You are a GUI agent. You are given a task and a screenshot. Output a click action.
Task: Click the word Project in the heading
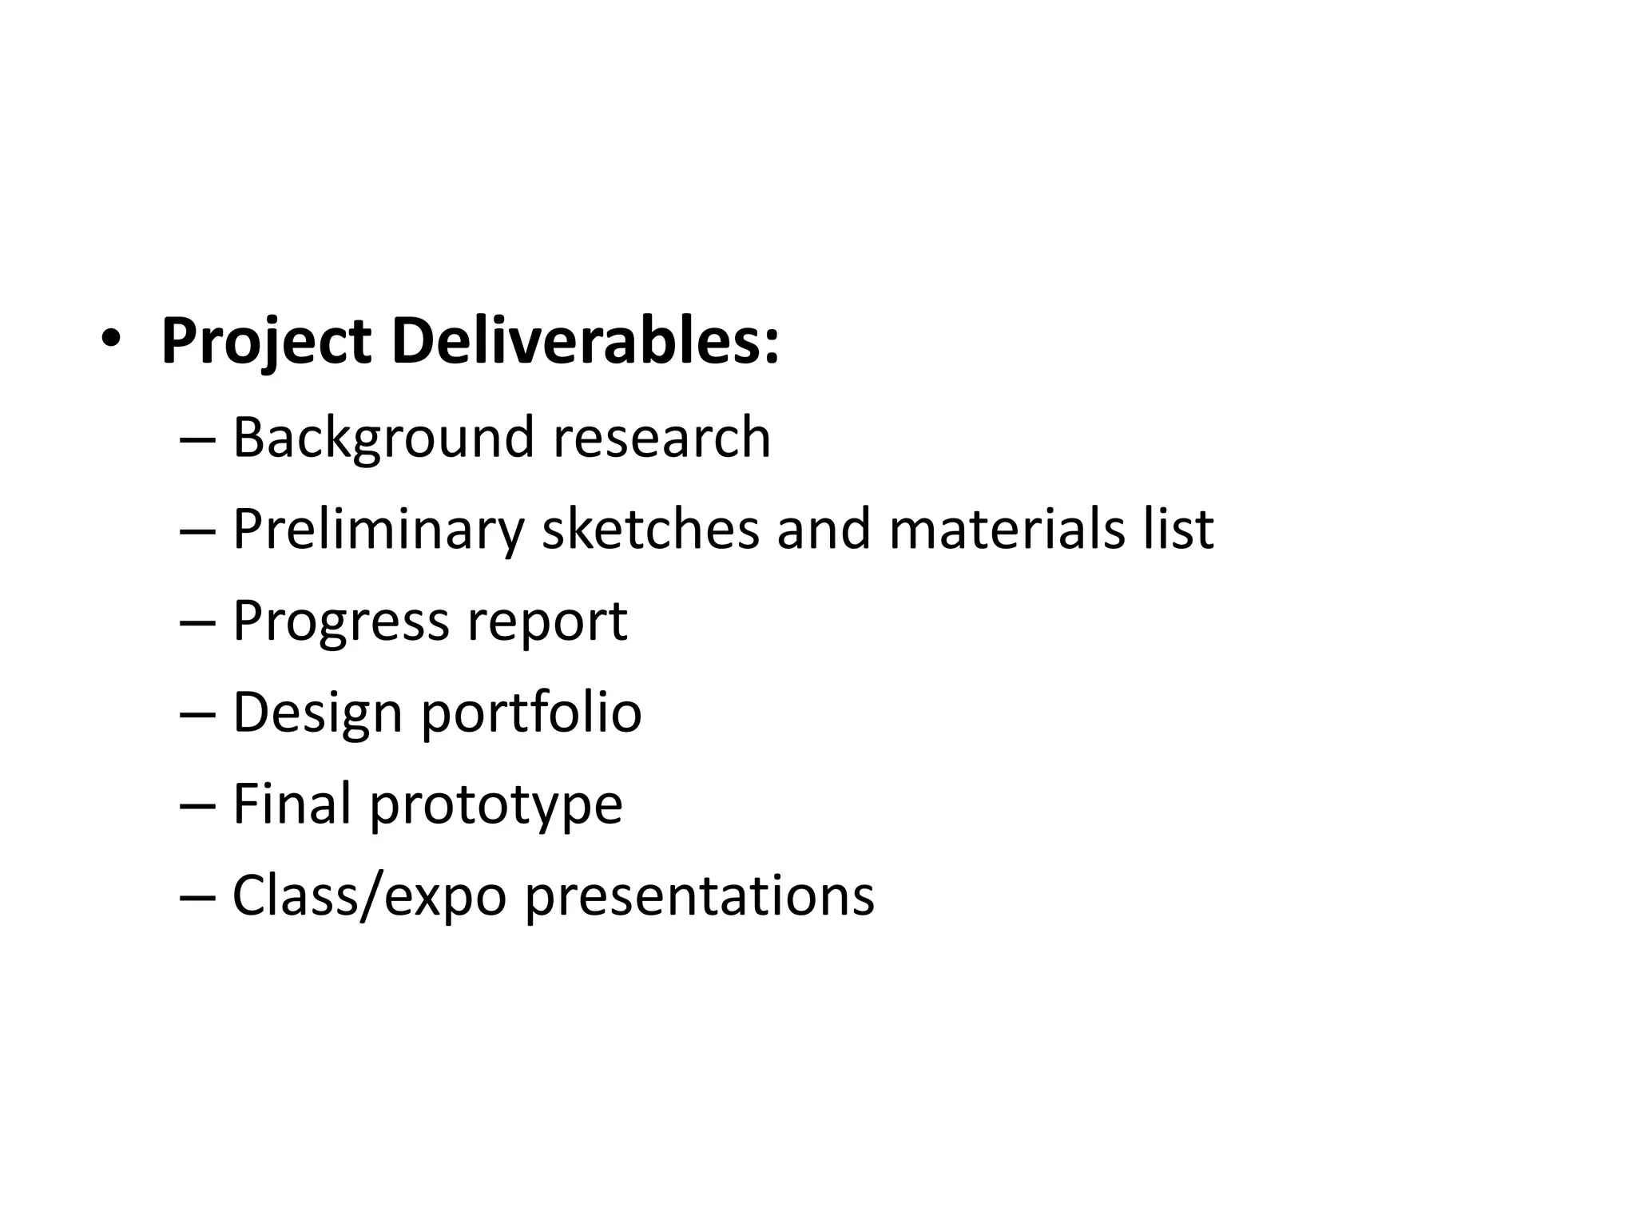pyautogui.click(x=266, y=343)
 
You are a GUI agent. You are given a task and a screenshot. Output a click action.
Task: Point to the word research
pyautogui.click(x=662, y=438)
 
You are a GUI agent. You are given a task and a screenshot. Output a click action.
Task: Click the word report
pyautogui.click(x=547, y=622)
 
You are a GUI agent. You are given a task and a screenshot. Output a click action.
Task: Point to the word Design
pyautogui.click(x=317, y=712)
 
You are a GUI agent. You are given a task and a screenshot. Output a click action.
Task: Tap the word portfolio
pyautogui.click(x=531, y=712)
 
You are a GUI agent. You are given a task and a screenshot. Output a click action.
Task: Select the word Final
pyautogui.click(x=292, y=803)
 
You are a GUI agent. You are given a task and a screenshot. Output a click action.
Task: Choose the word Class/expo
pyautogui.click(x=369, y=895)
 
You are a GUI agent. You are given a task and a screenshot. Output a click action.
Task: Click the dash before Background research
pyautogui.click(x=198, y=441)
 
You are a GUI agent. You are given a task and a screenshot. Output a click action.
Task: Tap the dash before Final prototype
pyautogui.click(x=198, y=806)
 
